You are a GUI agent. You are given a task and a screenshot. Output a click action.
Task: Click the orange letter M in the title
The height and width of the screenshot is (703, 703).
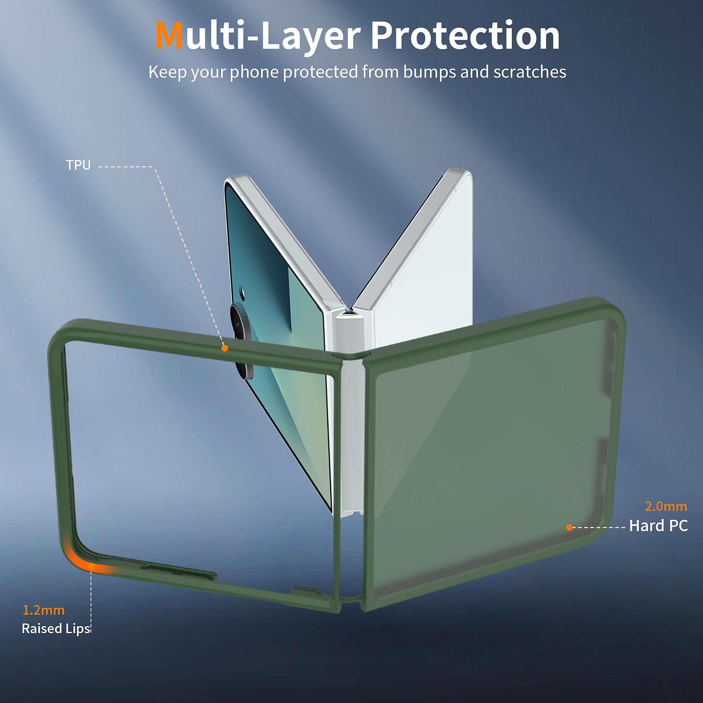point(169,35)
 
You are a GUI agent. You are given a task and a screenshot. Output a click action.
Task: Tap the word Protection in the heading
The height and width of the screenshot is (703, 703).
point(465,35)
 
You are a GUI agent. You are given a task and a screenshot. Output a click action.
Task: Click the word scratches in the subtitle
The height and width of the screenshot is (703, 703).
point(530,72)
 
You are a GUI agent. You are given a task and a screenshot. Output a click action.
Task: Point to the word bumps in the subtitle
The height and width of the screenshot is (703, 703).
point(429,72)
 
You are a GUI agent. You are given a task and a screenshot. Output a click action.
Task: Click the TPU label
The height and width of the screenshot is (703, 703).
point(78,165)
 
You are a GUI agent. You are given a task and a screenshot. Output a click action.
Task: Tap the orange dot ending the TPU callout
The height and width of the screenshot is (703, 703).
point(225,348)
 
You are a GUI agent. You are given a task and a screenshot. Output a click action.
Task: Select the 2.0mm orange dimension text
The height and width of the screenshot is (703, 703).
point(666,507)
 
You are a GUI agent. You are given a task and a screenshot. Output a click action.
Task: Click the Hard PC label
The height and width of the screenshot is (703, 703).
point(659,526)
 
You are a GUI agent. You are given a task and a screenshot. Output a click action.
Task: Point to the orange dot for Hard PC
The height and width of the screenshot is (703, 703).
point(569,528)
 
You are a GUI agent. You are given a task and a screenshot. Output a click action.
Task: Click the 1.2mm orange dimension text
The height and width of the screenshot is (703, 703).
point(44,610)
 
